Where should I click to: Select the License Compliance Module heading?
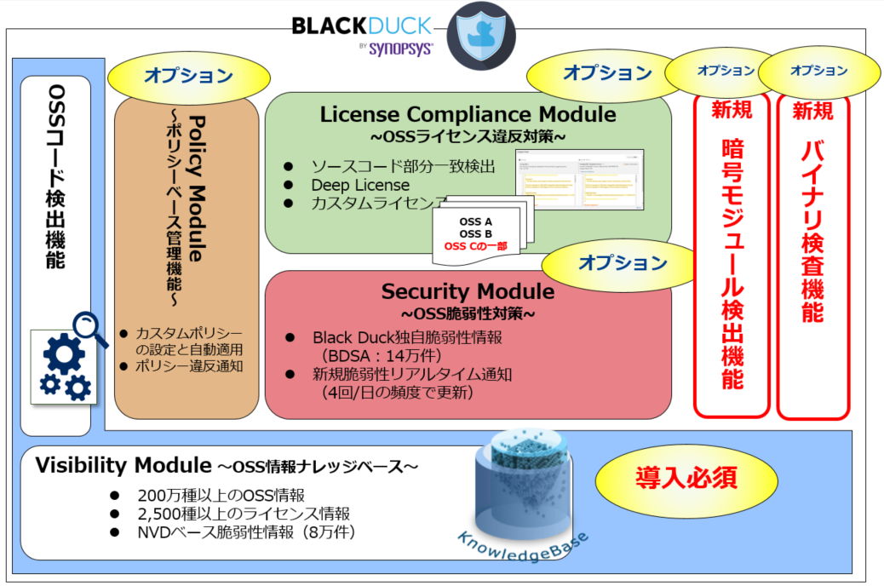point(468,114)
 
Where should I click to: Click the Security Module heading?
point(468,292)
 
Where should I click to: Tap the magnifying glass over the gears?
point(90,328)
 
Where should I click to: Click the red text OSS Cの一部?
point(475,246)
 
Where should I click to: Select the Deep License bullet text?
point(359,185)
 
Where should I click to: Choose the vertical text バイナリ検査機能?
point(812,230)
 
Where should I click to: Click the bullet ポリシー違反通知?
point(189,366)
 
